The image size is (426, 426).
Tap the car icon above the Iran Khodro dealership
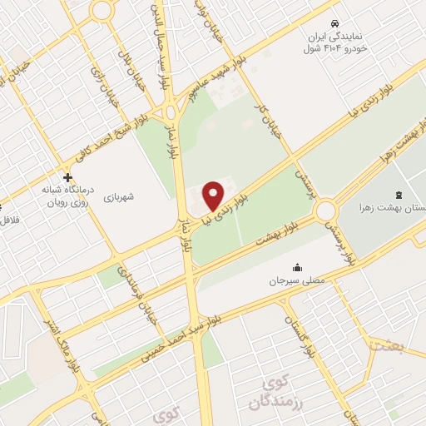[334, 22]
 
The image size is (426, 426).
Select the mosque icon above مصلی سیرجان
[297, 267]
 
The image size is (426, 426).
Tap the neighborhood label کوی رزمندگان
[271, 394]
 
